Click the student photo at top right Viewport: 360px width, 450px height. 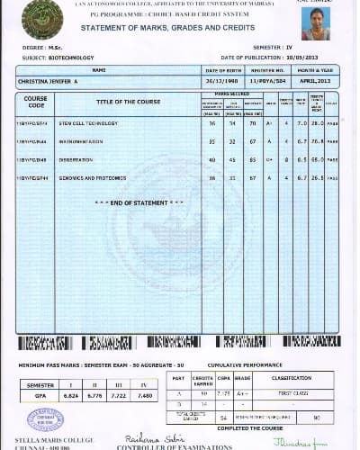tap(316, 22)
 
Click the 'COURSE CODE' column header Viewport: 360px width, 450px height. tap(36, 102)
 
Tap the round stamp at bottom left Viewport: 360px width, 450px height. tap(46, 420)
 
